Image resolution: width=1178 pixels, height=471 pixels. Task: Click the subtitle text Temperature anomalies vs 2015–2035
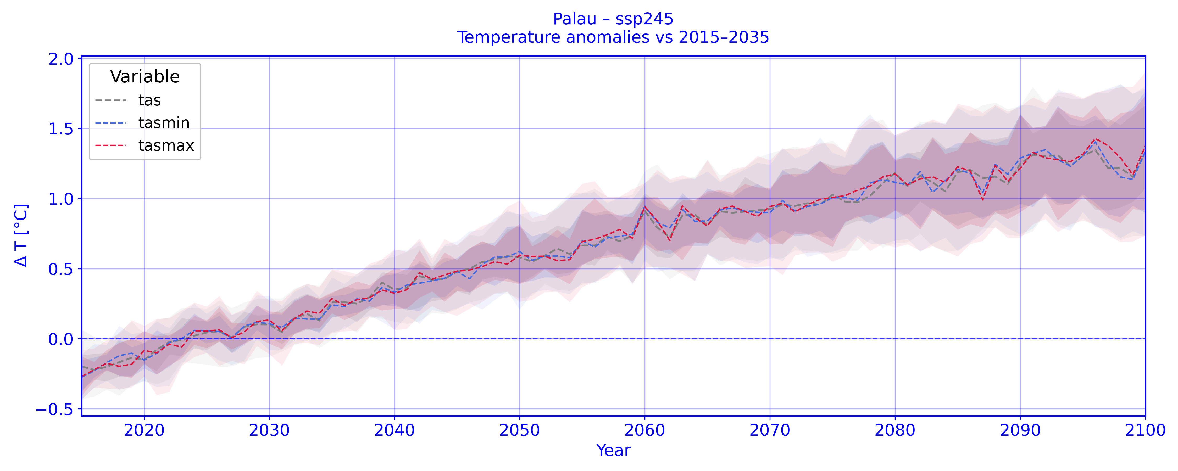pos(613,37)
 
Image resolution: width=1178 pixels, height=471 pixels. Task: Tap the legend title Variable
pos(145,77)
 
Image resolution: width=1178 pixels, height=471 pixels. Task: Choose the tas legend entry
pos(149,100)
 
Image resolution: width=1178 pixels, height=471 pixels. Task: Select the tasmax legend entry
pos(166,145)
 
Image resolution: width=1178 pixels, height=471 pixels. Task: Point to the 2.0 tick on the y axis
pos(61,59)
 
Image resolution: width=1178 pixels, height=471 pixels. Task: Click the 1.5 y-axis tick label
pos(61,129)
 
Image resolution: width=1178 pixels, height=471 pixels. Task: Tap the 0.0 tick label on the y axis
pos(61,339)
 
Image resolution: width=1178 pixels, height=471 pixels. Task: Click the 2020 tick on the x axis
pos(144,430)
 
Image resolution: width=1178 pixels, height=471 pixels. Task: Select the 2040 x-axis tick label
pos(394,430)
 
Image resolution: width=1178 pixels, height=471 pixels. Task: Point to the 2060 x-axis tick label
pos(644,430)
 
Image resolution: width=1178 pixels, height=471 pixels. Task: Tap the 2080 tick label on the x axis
pos(894,430)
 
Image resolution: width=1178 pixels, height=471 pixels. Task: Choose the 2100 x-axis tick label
pos(1144,430)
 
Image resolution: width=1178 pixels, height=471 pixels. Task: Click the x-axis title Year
pos(613,450)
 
